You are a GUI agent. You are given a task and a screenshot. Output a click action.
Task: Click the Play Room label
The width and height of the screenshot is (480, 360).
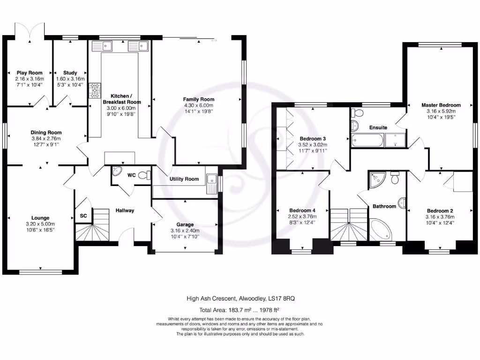click(x=29, y=73)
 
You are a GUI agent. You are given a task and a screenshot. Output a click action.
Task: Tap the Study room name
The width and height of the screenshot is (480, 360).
click(x=70, y=73)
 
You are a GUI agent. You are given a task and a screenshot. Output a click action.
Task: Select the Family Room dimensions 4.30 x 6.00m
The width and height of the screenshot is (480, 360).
click(x=198, y=105)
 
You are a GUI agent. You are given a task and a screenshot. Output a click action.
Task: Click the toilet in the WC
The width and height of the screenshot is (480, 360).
click(x=147, y=175)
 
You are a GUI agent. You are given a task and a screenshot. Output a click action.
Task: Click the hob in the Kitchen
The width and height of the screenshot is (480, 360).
click(x=96, y=89)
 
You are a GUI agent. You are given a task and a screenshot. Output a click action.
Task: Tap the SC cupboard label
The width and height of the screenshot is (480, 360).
click(x=83, y=217)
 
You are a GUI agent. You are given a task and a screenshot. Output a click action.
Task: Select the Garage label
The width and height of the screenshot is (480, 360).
click(x=185, y=225)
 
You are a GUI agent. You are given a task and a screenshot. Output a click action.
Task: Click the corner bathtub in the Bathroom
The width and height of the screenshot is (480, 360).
click(x=380, y=230)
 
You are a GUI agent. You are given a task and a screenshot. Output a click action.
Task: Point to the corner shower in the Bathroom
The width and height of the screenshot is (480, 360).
click(x=377, y=179)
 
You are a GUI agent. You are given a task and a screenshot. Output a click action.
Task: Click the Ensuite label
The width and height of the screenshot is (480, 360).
click(x=378, y=127)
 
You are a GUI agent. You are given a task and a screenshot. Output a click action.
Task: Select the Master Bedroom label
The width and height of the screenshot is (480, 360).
click(x=441, y=105)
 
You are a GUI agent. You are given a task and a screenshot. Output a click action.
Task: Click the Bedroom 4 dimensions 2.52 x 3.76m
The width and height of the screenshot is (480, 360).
click(x=302, y=216)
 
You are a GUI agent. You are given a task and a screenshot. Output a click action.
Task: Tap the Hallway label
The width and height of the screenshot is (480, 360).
click(x=125, y=210)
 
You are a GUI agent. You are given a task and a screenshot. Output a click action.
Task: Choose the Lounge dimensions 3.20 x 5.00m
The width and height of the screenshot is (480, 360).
click(x=40, y=224)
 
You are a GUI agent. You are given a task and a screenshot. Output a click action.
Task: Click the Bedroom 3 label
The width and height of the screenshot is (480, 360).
click(x=313, y=139)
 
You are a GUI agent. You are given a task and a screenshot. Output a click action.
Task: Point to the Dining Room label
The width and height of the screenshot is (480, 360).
click(x=46, y=133)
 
